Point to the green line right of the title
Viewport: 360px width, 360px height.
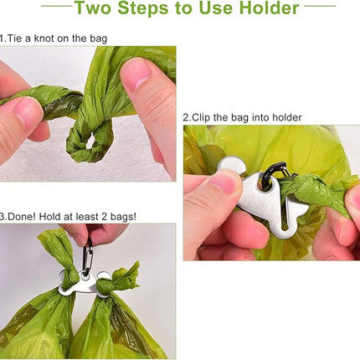pos(320,6)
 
